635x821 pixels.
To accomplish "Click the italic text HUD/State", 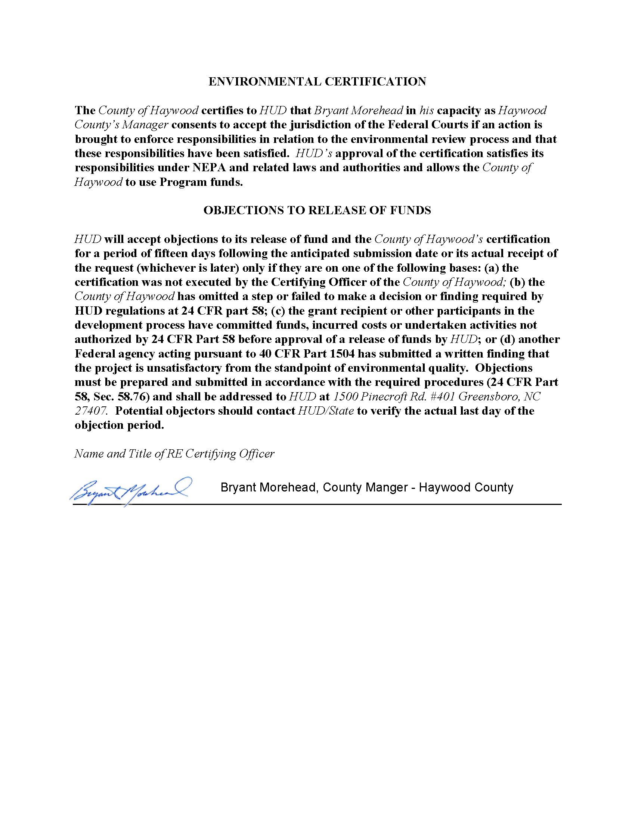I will click(326, 411).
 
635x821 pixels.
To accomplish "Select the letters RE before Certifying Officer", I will click(174, 454).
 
